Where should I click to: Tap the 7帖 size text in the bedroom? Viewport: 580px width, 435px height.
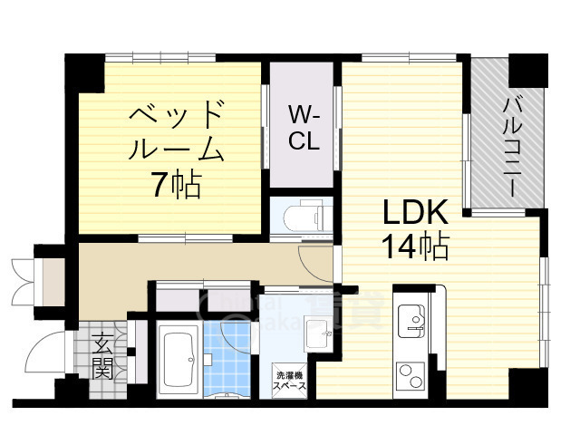175,185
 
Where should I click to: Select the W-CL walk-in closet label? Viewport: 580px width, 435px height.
303,129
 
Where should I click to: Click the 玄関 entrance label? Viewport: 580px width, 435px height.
101,356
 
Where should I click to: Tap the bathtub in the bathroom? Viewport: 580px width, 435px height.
182,359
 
